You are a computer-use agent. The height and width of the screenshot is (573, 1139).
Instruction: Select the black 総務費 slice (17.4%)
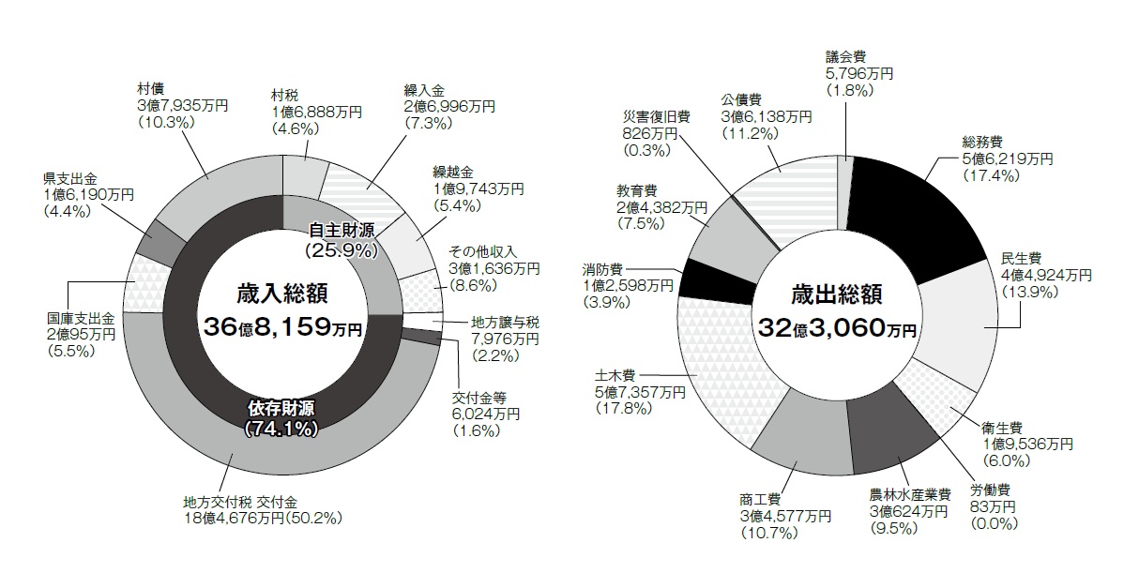tap(919, 219)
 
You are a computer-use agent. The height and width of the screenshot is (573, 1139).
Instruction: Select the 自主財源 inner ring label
tap(340, 230)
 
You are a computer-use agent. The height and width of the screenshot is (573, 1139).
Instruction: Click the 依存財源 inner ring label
tap(281, 410)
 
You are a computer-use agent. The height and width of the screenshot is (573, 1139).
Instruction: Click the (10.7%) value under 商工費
tap(767, 534)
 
